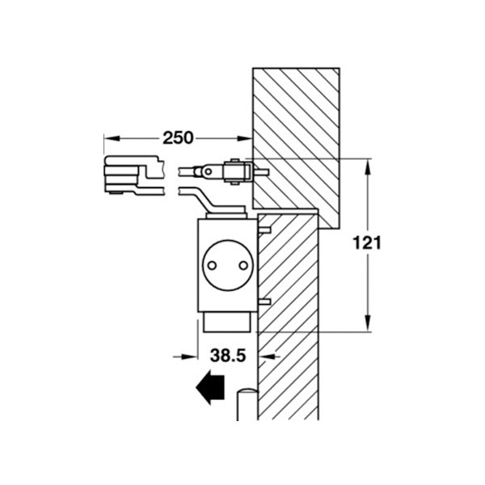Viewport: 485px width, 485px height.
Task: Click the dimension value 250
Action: (178, 138)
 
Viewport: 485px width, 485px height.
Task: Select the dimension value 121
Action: (367, 242)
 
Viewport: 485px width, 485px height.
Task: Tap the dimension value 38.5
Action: (228, 356)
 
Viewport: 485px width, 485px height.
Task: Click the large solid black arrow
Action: (210, 387)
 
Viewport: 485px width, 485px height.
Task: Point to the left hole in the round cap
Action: (212, 265)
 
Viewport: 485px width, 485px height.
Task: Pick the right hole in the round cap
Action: (244, 265)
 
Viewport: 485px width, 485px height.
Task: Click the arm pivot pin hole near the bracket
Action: (209, 171)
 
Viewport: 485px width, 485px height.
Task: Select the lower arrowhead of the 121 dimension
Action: (368, 323)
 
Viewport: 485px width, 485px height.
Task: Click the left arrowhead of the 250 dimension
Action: (112, 138)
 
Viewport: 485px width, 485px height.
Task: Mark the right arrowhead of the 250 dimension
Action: (245, 138)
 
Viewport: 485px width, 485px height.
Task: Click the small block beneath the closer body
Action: (226, 323)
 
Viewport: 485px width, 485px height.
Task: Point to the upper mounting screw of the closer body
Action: (264, 230)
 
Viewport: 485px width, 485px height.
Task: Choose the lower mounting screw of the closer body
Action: (264, 302)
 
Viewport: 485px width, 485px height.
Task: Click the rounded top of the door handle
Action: (247, 391)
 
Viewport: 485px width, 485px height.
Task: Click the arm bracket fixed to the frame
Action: (238, 171)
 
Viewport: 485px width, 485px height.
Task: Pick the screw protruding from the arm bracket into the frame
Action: (260, 171)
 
